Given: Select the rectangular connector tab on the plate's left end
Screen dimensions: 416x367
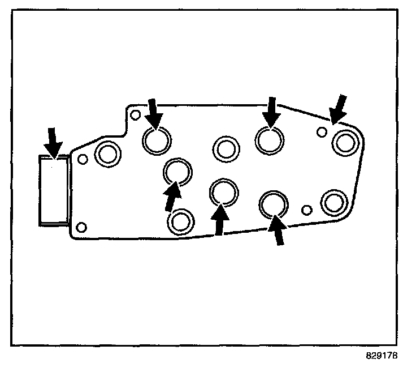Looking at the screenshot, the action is point(53,190).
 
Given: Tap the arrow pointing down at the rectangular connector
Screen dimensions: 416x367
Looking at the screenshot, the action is point(53,142).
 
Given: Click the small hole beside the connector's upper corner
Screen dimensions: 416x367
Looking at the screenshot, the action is point(83,159).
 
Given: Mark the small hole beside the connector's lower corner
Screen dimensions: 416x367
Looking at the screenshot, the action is point(81,228).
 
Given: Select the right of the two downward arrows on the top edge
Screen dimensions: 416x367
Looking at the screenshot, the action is point(272,112).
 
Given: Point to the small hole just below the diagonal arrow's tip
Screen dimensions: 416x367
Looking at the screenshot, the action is point(322,132).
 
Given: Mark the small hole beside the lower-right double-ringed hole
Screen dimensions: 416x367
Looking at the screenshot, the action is point(307,210).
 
